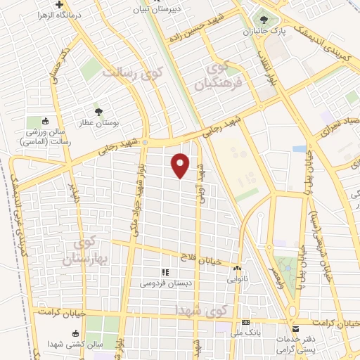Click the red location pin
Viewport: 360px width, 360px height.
click(181, 165)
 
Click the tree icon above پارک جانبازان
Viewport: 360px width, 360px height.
click(264, 20)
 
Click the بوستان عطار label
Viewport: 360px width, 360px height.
click(98, 122)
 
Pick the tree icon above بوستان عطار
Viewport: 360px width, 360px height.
click(98, 110)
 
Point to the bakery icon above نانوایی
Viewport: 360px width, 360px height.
click(238, 268)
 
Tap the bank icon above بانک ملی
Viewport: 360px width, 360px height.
click(245, 321)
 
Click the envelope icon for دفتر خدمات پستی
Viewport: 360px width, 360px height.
click(297, 328)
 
